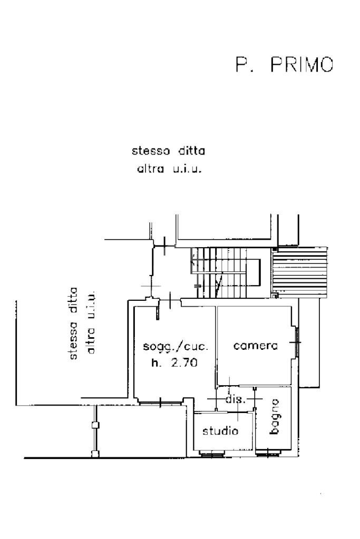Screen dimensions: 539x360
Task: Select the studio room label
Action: click(x=220, y=431)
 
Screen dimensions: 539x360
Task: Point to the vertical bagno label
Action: click(x=274, y=417)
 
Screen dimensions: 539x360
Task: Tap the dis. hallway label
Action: click(x=235, y=399)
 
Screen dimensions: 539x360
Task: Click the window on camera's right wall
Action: click(x=297, y=341)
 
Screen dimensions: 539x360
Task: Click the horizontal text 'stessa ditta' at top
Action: click(x=168, y=151)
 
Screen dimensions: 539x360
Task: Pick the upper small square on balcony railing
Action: click(x=95, y=425)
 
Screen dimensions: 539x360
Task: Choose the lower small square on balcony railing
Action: click(x=95, y=453)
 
